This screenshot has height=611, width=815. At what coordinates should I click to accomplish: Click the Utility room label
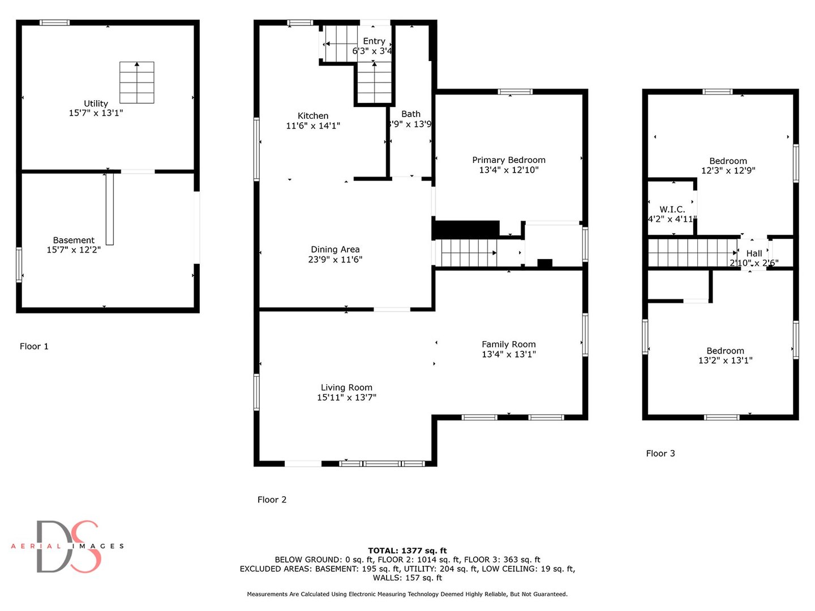pyautogui.click(x=96, y=104)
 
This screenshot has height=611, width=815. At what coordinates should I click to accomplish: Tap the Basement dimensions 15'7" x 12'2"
pyautogui.click(x=74, y=250)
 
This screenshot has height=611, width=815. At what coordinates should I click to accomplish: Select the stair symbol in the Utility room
pyautogui.click(x=137, y=83)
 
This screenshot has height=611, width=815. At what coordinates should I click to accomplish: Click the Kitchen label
pyautogui.click(x=313, y=116)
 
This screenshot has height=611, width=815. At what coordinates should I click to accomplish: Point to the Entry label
pyautogui.click(x=374, y=41)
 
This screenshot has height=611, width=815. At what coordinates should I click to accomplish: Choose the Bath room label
pyautogui.click(x=411, y=114)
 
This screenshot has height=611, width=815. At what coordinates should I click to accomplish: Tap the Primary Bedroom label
pyautogui.click(x=509, y=160)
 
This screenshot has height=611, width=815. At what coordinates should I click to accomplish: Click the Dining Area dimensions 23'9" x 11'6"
pyautogui.click(x=335, y=260)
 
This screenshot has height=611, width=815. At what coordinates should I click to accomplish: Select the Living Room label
pyautogui.click(x=346, y=388)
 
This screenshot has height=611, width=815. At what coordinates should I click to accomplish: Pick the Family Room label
pyautogui.click(x=509, y=345)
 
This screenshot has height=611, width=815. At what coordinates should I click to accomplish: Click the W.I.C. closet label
pyautogui.click(x=672, y=209)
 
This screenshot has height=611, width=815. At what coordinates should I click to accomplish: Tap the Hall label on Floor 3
pyautogui.click(x=754, y=253)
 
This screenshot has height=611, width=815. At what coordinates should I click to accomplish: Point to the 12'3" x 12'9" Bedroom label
pyautogui.click(x=728, y=161)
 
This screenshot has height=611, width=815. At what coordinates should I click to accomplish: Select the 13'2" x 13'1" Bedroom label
pyautogui.click(x=725, y=351)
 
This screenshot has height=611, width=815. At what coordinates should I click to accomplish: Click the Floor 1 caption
pyautogui.click(x=34, y=346)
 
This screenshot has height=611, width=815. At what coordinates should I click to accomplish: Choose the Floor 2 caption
pyautogui.click(x=272, y=500)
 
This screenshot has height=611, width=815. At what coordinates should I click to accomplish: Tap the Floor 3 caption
pyautogui.click(x=660, y=453)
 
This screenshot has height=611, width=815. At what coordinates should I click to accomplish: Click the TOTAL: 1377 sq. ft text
pyautogui.click(x=407, y=550)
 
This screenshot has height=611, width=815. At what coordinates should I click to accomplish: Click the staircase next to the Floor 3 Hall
pyautogui.click(x=692, y=252)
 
